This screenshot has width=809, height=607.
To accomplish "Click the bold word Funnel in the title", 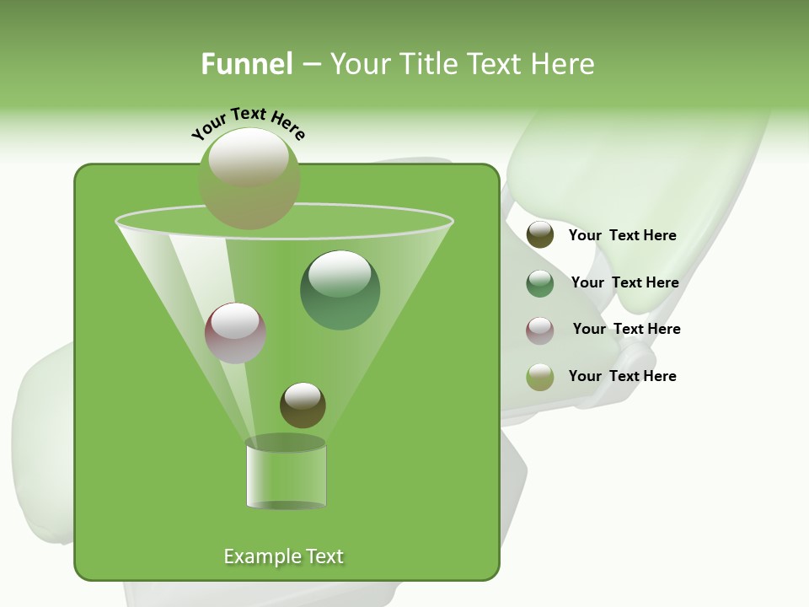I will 246,64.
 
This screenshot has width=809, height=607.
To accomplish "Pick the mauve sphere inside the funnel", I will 235,334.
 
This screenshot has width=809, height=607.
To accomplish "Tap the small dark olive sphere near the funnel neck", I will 303,406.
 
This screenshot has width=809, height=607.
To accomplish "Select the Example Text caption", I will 283,556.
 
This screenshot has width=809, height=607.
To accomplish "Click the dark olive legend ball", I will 540,235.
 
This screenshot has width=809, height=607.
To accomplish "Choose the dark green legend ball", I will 540,283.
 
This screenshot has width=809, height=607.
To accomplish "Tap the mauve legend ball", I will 540,330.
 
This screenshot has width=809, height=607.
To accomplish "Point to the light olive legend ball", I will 540,377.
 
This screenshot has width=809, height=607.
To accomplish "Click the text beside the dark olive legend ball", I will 622,236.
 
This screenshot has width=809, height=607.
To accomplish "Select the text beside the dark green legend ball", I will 624,283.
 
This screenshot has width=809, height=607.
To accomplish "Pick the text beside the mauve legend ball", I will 626,330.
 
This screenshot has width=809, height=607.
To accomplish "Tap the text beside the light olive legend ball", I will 622,377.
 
